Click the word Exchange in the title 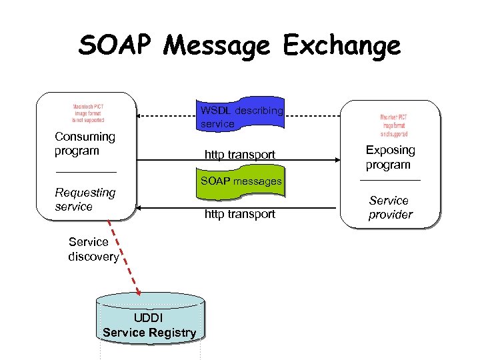click(342, 45)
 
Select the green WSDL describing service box click(241, 117)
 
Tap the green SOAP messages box click(241, 181)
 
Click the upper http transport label click(239, 155)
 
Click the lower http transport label click(239, 214)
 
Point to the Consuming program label click(85, 143)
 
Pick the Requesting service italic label click(85, 199)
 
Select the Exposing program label click(390, 157)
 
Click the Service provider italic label click(390, 207)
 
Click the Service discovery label click(93, 249)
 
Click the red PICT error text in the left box click(89, 113)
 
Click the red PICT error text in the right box click(393, 124)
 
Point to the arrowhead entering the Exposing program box click(336, 161)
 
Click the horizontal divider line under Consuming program click(85, 173)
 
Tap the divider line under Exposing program click(390, 181)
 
